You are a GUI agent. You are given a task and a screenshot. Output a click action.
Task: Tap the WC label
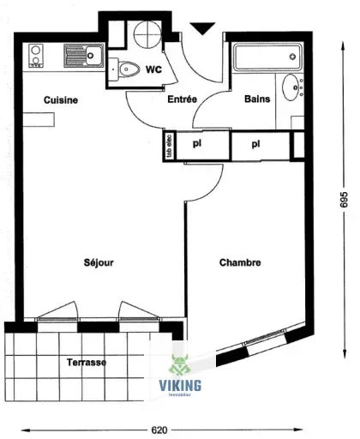154,69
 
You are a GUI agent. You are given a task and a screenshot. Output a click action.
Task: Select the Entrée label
182,99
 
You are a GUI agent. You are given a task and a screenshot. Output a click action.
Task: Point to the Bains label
258,99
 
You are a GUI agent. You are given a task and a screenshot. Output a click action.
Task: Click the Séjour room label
99,262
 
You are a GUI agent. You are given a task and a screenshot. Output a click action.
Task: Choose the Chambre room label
240,262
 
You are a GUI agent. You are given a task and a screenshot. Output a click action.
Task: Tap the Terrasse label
87,363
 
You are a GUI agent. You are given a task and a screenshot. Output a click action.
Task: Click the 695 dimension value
344,199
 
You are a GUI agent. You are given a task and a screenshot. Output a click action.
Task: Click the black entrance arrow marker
202,30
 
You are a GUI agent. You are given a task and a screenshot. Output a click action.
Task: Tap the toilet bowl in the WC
129,69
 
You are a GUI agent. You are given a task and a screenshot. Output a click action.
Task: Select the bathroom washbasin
296,87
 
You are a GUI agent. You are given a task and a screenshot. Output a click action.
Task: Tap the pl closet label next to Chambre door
196,144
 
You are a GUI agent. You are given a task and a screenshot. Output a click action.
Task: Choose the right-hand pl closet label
255,144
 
